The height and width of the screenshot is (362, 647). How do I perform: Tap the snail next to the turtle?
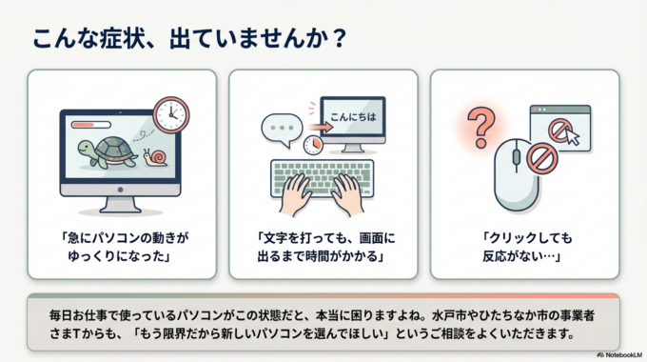(x=155, y=156)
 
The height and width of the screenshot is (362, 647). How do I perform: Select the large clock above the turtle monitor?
(x=171, y=113)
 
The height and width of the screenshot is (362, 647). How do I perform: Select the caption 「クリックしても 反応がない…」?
(x=519, y=246)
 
